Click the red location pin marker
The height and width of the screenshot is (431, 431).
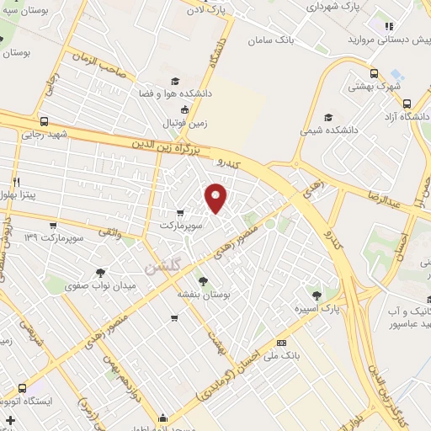(x=216, y=198)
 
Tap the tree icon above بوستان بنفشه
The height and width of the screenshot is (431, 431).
(x=202, y=280)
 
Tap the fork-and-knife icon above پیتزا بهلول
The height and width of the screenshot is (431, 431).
(x=15, y=182)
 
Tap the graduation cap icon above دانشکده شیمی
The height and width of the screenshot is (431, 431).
(x=329, y=118)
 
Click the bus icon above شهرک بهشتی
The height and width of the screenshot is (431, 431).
(x=375, y=72)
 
